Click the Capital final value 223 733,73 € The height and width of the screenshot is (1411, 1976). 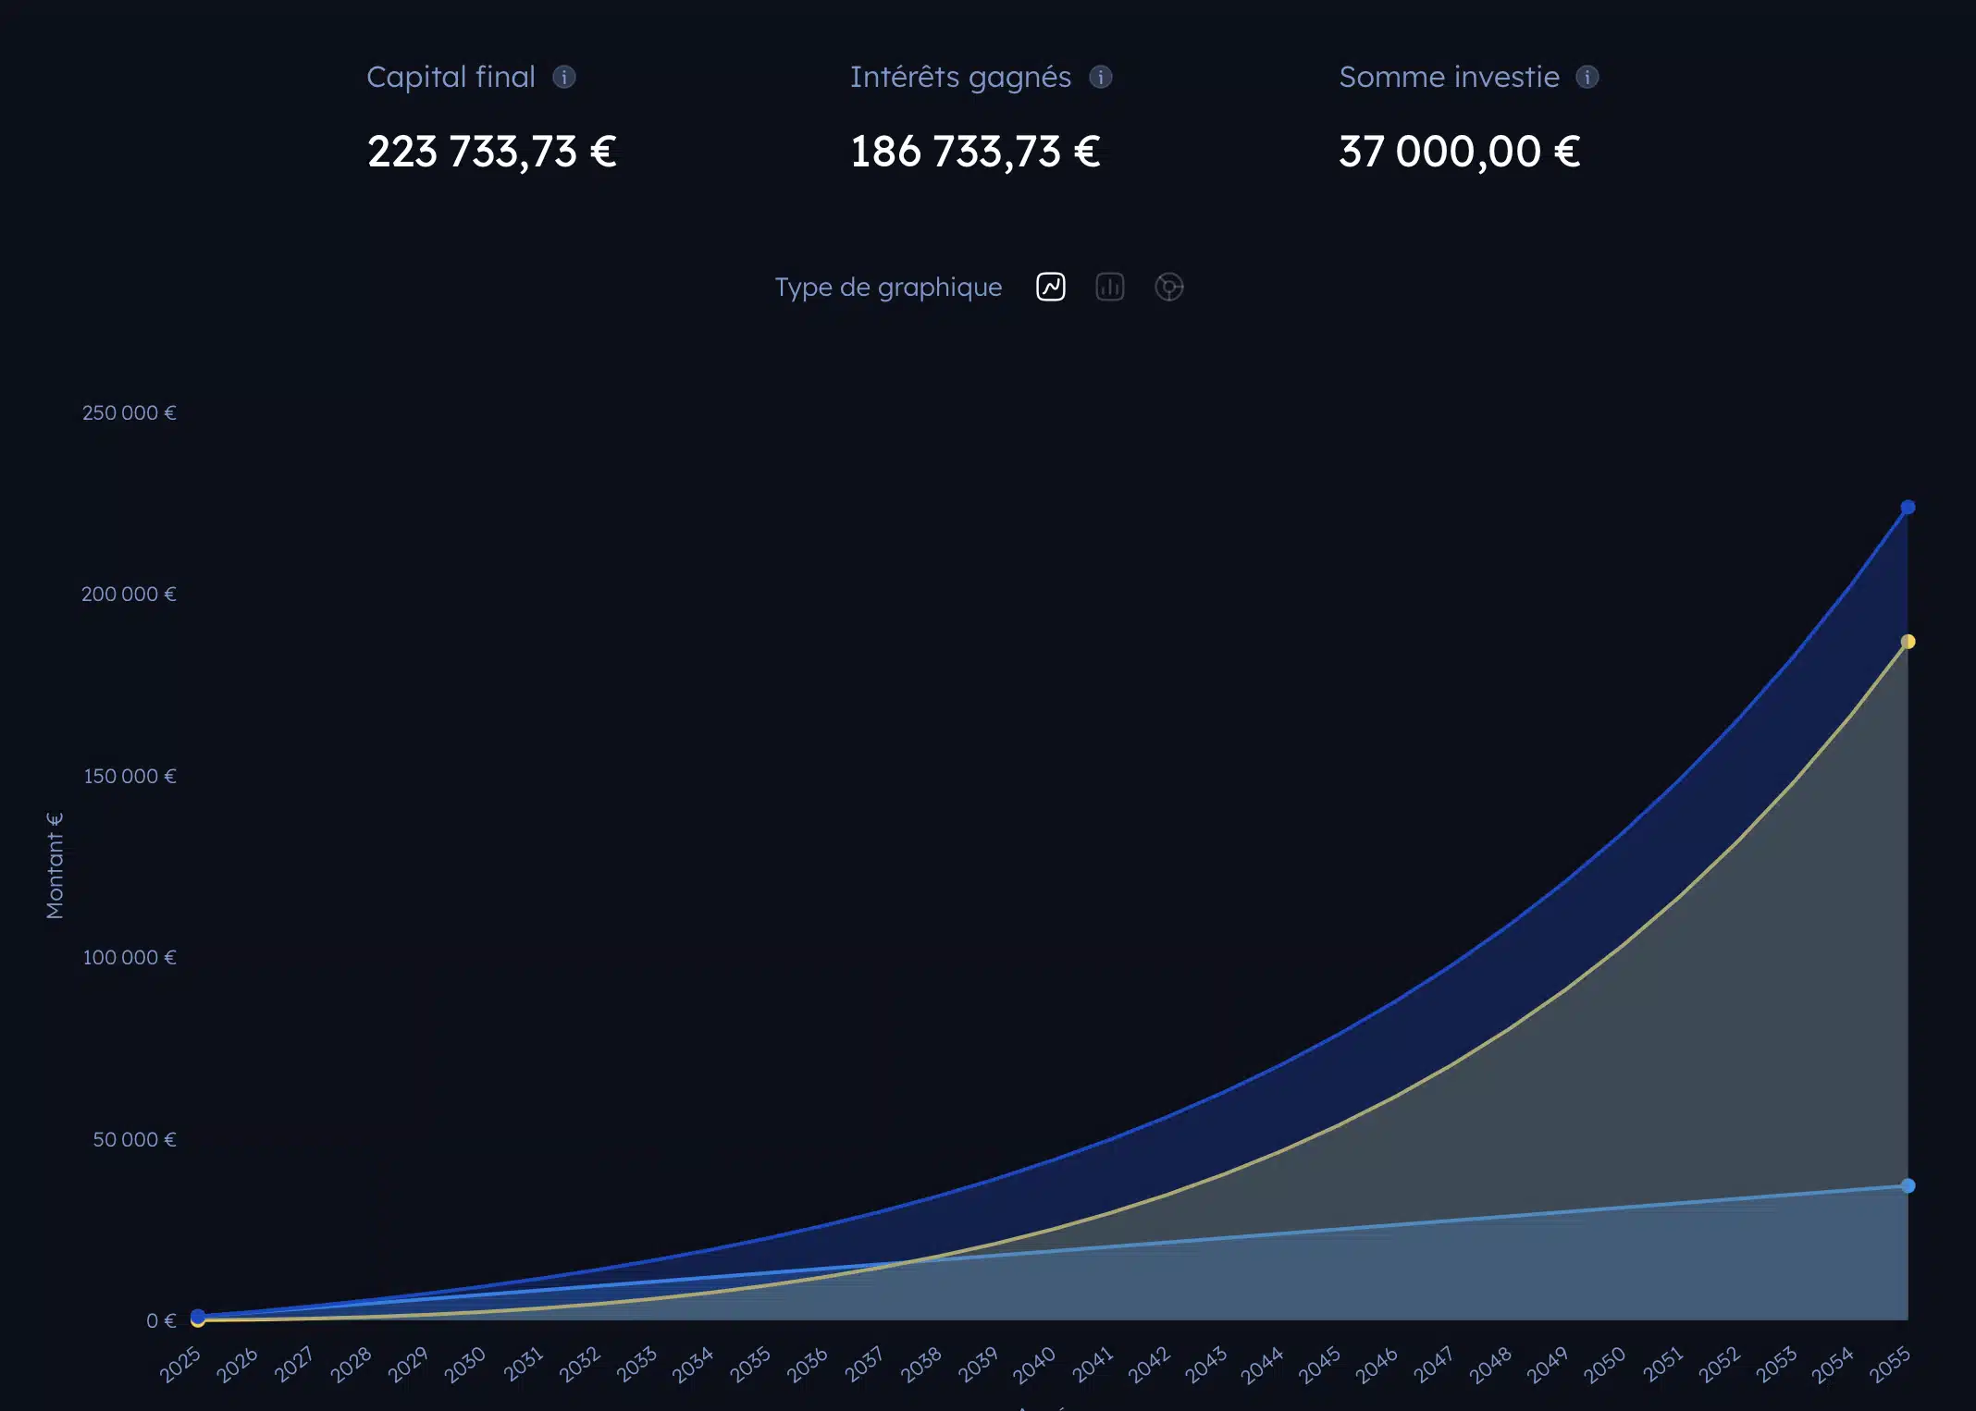pyautogui.click(x=491, y=152)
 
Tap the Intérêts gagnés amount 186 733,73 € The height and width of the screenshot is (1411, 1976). pyautogui.click(x=975, y=152)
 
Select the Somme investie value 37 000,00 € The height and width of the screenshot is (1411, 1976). pyautogui.click(x=1459, y=152)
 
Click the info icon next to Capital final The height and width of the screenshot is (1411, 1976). pyautogui.click(x=564, y=77)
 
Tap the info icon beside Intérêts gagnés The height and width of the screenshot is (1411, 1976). pyautogui.click(x=1100, y=77)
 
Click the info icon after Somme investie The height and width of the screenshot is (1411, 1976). pyautogui.click(x=1587, y=77)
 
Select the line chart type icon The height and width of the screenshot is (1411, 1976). pyautogui.click(x=1051, y=287)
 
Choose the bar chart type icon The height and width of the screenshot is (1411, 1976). pyautogui.click(x=1109, y=287)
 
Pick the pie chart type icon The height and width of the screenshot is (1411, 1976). pyautogui.click(x=1168, y=287)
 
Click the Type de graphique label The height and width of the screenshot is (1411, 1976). pyautogui.click(x=888, y=287)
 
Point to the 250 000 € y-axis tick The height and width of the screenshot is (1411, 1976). pyautogui.click(x=129, y=412)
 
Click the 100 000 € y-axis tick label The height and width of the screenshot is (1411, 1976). pyautogui.click(x=129, y=957)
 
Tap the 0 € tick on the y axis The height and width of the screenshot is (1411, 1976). pyautogui.click(x=160, y=1320)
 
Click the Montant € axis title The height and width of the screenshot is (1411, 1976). pyautogui.click(x=56, y=865)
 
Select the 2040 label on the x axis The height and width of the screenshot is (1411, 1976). pyautogui.click(x=1034, y=1365)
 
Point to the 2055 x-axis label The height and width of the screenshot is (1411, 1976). pyautogui.click(x=1889, y=1365)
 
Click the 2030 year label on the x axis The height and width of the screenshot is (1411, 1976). pyautogui.click(x=464, y=1365)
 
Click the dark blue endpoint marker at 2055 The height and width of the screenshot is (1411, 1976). pyautogui.click(x=1908, y=508)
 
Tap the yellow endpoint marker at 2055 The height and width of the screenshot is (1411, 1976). pyautogui.click(x=1908, y=642)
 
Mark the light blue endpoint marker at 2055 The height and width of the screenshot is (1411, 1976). pyautogui.click(x=1908, y=1185)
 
